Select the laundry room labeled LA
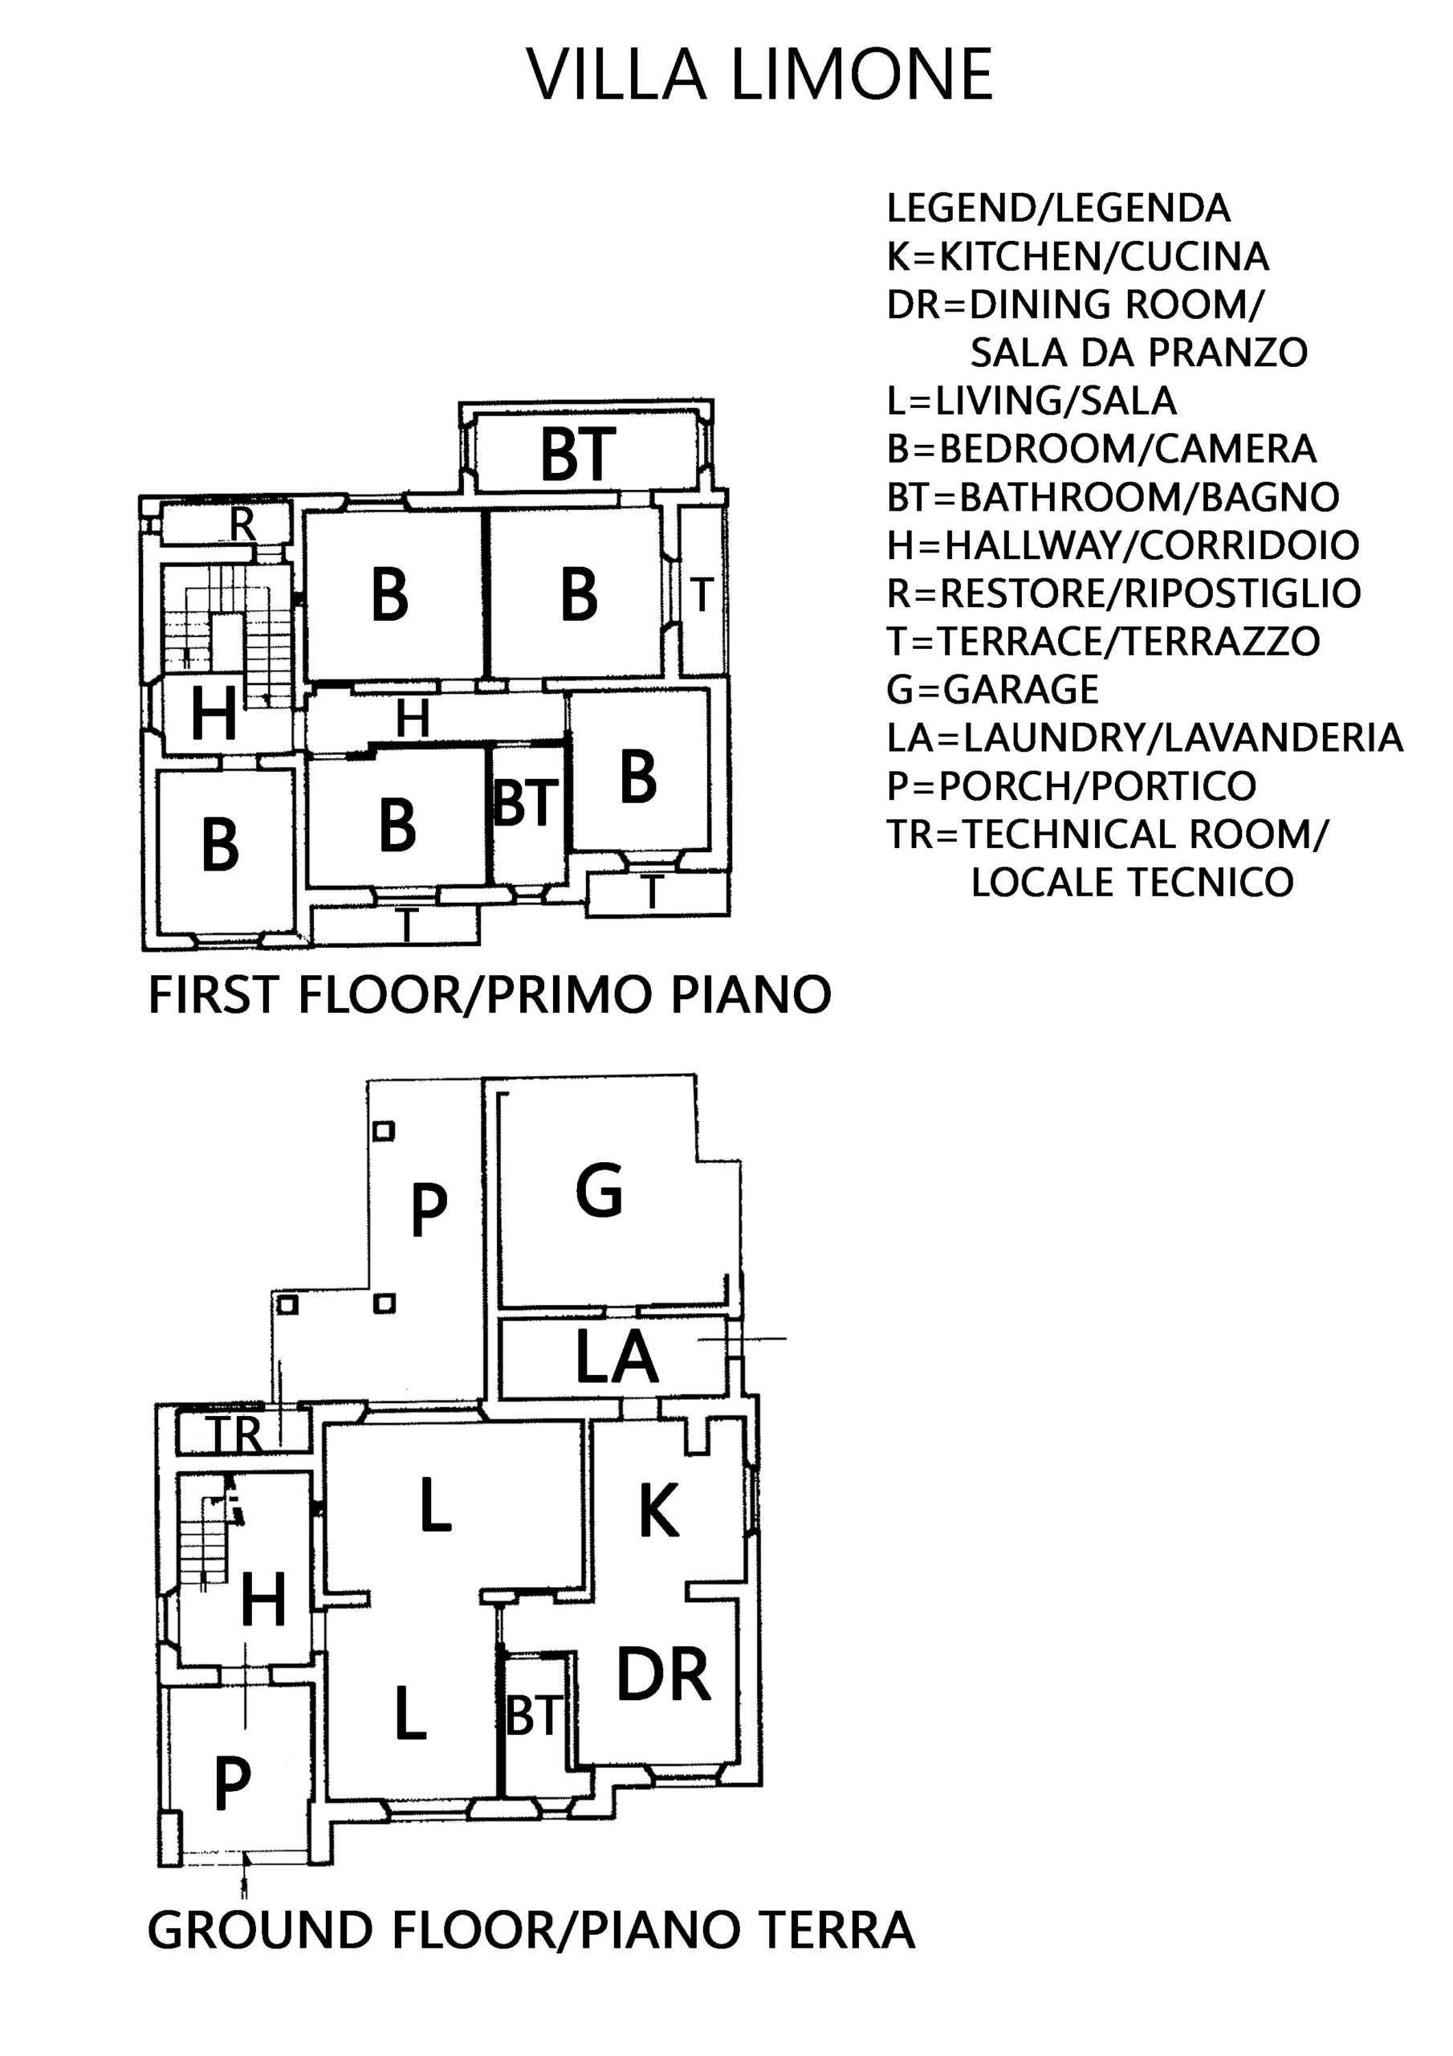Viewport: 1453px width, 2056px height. coord(614,1357)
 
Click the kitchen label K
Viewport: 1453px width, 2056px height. coord(658,1510)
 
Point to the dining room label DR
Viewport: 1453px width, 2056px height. coord(663,1675)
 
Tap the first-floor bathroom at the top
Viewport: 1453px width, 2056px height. coord(586,453)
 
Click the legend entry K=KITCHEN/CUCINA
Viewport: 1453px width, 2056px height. coord(1078,257)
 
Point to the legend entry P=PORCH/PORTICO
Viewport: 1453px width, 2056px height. coord(1072,786)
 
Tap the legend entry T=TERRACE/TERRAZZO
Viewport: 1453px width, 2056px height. coord(1104,641)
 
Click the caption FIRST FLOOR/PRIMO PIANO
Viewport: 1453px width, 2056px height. coord(490,995)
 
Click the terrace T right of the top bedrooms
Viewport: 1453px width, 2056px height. coord(701,592)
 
